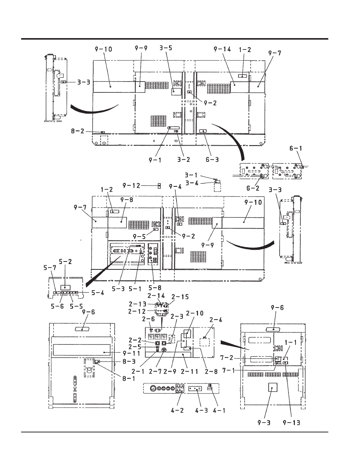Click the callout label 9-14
click(x=222, y=49)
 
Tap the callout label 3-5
click(x=166, y=48)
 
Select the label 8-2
click(x=78, y=131)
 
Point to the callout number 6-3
click(x=212, y=160)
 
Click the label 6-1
click(x=296, y=148)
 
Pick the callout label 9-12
click(x=131, y=186)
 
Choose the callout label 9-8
click(x=126, y=200)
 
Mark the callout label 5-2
click(x=65, y=261)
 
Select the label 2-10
click(x=194, y=313)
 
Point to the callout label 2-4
click(x=215, y=320)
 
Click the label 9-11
click(x=131, y=353)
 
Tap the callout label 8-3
click(x=129, y=362)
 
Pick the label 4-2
click(x=177, y=411)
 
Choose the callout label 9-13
click(x=291, y=423)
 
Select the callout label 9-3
click(x=264, y=423)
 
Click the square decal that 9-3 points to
click(x=272, y=388)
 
